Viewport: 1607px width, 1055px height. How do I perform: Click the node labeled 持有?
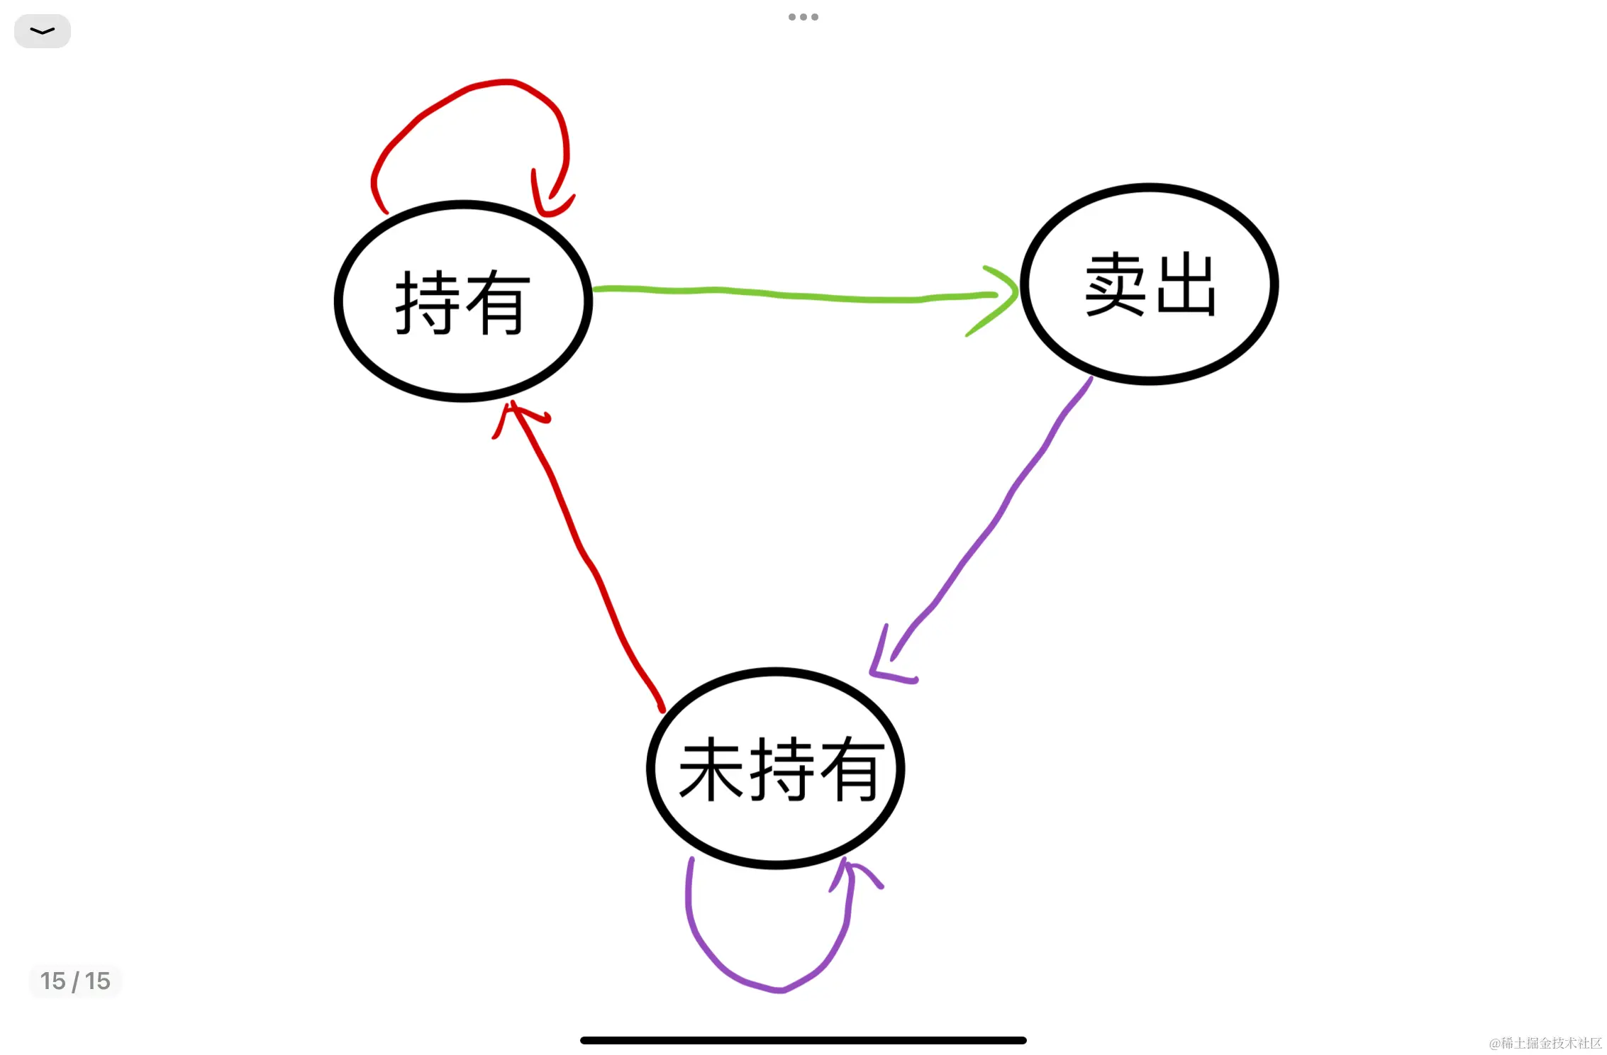click(463, 302)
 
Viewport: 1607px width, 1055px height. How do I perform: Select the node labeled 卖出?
click(1150, 284)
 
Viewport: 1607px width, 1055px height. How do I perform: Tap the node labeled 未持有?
click(776, 769)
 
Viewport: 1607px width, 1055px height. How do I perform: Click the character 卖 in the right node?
click(1116, 284)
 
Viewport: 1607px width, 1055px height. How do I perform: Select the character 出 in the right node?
click(1186, 284)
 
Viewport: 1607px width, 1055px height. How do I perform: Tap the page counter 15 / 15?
click(75, 981)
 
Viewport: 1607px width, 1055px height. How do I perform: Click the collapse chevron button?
click(43, 31)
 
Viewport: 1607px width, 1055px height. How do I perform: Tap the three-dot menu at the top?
click(803, 17)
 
